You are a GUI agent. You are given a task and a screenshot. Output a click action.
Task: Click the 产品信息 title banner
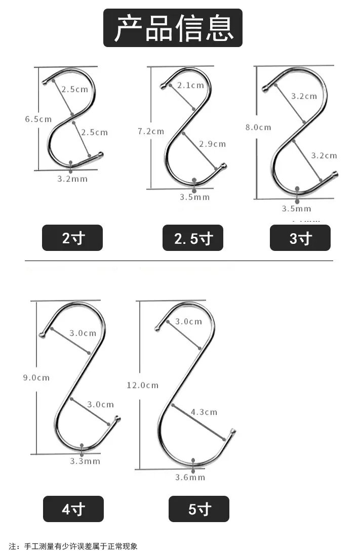coord(173,28)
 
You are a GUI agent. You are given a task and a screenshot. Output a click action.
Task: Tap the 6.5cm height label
coord(38,119)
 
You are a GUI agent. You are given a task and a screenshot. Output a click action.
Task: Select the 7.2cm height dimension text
coord(151,132)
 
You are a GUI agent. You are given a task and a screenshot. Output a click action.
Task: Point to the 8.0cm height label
coord(258,127)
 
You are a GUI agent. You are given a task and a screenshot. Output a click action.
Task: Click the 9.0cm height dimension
coord(36,377)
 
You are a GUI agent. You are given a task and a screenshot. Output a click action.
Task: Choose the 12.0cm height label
coord(143,385)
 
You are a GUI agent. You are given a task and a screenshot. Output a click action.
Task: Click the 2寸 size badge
coord(72,238)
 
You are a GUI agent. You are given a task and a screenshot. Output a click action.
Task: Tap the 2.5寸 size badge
coord(193,238)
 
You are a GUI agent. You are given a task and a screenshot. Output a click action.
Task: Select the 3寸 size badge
coord(300,238)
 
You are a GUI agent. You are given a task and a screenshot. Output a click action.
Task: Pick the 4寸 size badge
coord(73,509)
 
